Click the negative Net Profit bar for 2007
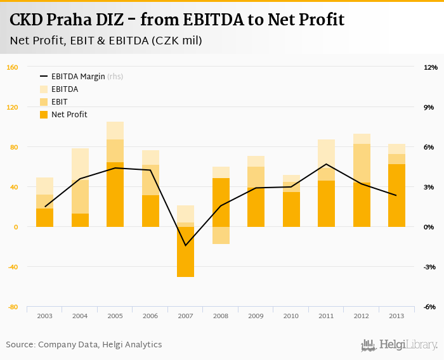click(185, 252)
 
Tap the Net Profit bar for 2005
click(115, 195)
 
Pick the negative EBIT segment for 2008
click(221, 235)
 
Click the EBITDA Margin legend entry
click(79, 77)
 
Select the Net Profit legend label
click(69, 115)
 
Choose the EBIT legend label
click(60, 102)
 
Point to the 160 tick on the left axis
click(12, 67)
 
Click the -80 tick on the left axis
click(12, 307)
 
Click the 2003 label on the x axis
click(44, 316)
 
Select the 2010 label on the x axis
click(291, 316)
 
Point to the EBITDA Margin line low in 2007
click(185, 245)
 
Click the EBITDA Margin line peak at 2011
click(326, 164)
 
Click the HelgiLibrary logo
click(400, 345)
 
